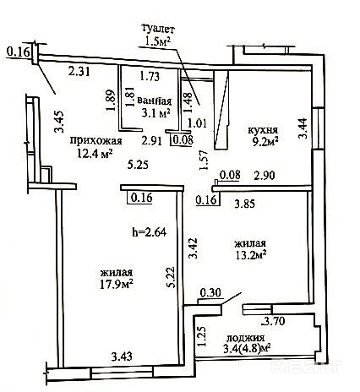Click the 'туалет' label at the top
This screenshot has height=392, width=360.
pyautogui.click(x=159, y=29)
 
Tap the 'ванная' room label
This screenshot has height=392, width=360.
pyautogui.click(x=155, y=101)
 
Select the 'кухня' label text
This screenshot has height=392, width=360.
pyautogui.click(x=263, y=130)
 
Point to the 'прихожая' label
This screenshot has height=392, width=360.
pyautogui.click(x=96, y=141)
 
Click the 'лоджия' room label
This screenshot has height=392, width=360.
pyautogui.click(x=246, y=338)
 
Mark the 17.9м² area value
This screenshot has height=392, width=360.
pyautogui.click(x=117, y=285)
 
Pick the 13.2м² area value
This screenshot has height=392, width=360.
pyautogui.click(x=250, y=255)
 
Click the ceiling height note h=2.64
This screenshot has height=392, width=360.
pyautogui.click(x=150, y=232)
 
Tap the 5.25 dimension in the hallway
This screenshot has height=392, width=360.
pyautogui.click(x=138, y=165)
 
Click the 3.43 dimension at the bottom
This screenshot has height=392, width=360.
pyautogui.click(x=122, y=357)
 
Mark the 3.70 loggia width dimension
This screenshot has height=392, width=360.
pyautogui.click(x=273, y=321)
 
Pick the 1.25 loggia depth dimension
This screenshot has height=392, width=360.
pyautogui.click(x=202, y=336)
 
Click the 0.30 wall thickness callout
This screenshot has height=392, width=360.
pyautogui.click(x=210, y=293)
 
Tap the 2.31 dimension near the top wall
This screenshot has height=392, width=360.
pyautogui.click(x=79, y=71)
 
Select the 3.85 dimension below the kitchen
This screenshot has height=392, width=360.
pyautogui.click(x=245, y=204)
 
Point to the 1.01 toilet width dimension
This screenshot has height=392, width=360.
pyautogui.click(x=198, y=123)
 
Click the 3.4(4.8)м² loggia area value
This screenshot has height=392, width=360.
pyautogui.click(x=247, y=349)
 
